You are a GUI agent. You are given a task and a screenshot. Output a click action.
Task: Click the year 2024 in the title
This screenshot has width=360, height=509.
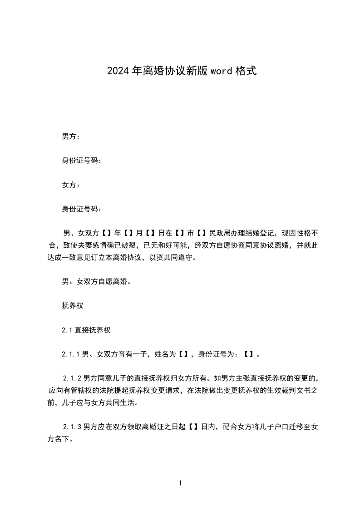pyautogui.click(x=118, y=71)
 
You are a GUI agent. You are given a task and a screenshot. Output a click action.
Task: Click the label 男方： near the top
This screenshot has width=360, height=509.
pyautogui.click(x=71, y=136)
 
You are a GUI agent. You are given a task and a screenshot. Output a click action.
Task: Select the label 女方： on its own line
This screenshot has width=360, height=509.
pyautogui.click(x=71, y=185)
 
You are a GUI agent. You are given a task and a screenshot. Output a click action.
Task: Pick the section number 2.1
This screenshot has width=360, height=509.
pyautogui.click(x=67, y=330)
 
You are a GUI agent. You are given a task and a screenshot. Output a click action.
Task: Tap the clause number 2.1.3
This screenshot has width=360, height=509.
pyautogui.click(x=73, y=427)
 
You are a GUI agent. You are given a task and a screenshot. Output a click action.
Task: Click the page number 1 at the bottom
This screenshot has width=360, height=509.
pyautogui.click(x=180, y=484)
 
